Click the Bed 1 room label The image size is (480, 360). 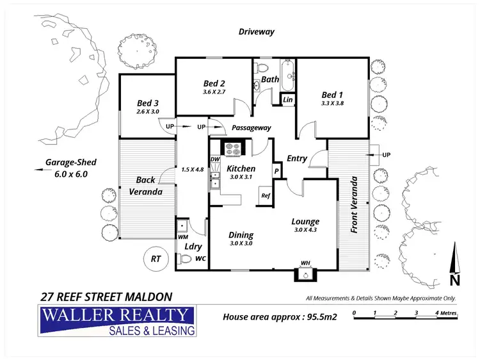point(332,94)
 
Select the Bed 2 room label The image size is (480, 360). point(214,83)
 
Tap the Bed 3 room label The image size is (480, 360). point(147,103)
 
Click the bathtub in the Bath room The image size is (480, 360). point(287,76)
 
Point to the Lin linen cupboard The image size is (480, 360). point(287,100)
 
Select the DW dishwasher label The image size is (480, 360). point(215,159)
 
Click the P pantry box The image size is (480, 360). point(276,171)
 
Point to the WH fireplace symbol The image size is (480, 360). point(305,274)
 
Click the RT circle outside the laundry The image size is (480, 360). point(155,259)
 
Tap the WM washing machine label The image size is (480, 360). point(182,237)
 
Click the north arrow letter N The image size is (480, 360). point(454,279)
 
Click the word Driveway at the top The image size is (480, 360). point(256,31)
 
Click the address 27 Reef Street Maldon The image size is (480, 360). point(106,297)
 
